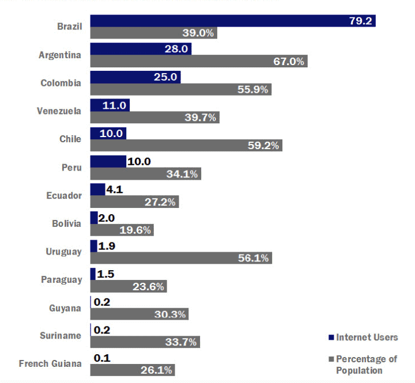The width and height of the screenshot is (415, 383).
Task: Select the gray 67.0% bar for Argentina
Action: pyautogui.click(x=198, y=61)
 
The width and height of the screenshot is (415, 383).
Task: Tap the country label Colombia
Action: pyautogui.click(x=61, y=83)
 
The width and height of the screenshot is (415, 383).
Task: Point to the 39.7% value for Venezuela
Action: pyautogui.click(x=201, y=117)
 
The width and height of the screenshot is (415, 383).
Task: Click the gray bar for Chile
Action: pyautogui.click(x=186, y=146)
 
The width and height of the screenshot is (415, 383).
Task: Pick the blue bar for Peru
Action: pyautogui.click(x=108, y=161)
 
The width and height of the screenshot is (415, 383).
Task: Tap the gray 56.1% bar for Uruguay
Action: pyautogui.click(x=181, y=258)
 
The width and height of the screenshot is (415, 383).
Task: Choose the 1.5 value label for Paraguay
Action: pyautogui.click(x=105, y=274)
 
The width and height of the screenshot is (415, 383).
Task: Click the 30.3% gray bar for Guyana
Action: pyautogui.click(x=139, y=314)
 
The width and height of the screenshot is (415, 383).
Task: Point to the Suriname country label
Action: pyautogui.click(x=61, y=335)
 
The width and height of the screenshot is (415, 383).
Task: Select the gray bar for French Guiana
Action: pyautogui.click(x=132, y=370)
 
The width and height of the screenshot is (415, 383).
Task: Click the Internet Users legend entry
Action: pyautogui.click(x=363, y=338)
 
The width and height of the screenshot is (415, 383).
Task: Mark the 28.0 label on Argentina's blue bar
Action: pyautogui.click(x=176, y=49)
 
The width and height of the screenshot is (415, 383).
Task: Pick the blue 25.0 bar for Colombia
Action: pyautogui.click(x=135, y=77)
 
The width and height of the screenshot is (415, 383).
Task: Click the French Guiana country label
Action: pyautogui.click(x=50, y=363)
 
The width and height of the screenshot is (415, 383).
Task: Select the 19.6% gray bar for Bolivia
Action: pyautogui.click(x=122, y=230)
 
